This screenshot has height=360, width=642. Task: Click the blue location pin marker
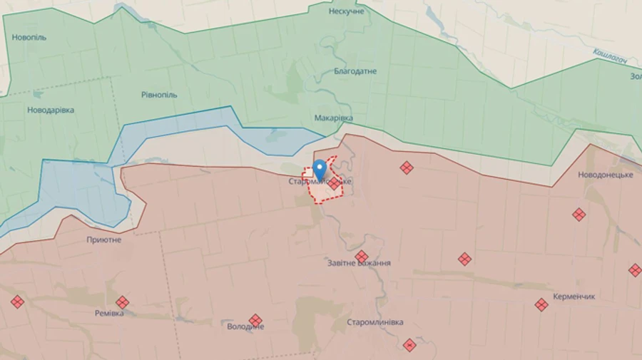pos(320,168)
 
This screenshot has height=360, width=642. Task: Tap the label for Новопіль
pos(29,37)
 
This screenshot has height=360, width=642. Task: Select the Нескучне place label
pos(346,11)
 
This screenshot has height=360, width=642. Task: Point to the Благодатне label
pos(355,71)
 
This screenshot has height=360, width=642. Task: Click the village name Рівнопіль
pos(159,95)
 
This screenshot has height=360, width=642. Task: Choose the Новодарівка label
pos(51,110)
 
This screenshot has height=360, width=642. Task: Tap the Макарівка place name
pos(333,118)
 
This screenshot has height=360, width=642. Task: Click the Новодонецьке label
pos(606,175)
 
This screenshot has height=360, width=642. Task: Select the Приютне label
pos(103,240)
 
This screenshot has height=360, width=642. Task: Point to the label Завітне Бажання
pos(359,263)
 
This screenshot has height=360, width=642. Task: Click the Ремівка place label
pos(109,313)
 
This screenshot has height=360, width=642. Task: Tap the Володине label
pos(245,326)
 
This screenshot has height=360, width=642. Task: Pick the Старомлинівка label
pos(374,322)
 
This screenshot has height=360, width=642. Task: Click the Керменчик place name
pos(574,297)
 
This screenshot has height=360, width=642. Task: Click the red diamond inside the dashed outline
pos(334,183)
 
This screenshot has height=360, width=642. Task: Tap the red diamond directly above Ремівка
pos(123,302)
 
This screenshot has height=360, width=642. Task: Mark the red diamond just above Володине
pos(255,319)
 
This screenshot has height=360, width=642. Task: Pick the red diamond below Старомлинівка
pos(409,345)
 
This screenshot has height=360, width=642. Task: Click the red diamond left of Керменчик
pos(541,304)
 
